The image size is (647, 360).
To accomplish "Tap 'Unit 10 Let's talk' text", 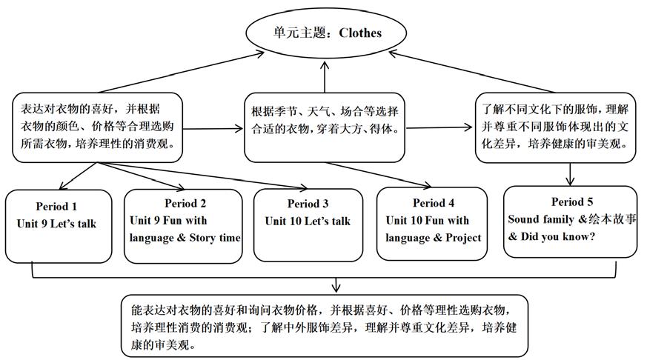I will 308,221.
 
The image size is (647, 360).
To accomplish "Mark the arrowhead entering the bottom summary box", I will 336,287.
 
